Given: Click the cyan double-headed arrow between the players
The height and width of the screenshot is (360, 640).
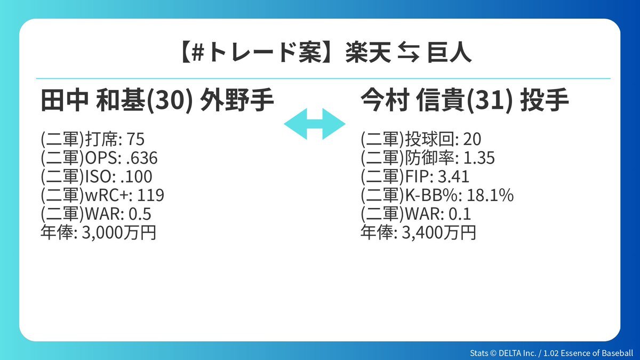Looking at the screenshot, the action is pos(315,124).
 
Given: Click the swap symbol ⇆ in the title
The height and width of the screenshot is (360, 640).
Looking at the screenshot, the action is pos(409,53).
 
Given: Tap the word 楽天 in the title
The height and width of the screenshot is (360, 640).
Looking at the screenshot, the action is pos(368,53).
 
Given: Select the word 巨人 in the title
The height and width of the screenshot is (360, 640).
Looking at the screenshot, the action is pos(449,53).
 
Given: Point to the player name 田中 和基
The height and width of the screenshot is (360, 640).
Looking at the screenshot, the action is pos(93,100).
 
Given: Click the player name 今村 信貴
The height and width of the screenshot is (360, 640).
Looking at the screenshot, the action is pos(413,100).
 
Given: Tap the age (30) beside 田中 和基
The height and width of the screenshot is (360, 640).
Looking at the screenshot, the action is pos(170,101).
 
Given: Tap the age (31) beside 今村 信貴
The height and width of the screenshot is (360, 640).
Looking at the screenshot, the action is pos(490,101).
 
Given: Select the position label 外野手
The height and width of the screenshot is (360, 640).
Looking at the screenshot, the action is pos(237,100).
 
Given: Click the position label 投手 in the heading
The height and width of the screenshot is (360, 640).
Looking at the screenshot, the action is pos(545,100).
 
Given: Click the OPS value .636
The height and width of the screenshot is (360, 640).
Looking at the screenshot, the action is pos(142,158).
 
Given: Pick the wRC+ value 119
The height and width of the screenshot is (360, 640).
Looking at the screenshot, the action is pos(151,195).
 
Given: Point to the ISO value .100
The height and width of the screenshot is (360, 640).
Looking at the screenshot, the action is pos(137,177).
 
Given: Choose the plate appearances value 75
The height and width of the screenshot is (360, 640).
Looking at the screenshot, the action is pos(135,139).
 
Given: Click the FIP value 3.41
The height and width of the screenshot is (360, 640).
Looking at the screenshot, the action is pos(454,177).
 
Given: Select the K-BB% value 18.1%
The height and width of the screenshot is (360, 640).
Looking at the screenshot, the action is pos(490,195).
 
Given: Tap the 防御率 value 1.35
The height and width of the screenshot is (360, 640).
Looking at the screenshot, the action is pos(479,158).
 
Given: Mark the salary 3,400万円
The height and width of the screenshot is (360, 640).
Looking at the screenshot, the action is pos(439,233).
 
